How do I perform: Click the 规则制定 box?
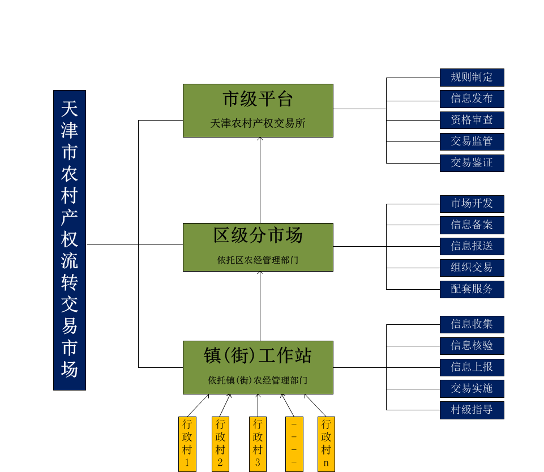472,78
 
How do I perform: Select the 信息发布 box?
472,98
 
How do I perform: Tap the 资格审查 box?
472,120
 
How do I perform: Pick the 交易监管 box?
472,141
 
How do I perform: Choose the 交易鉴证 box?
472,163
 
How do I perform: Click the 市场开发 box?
472,204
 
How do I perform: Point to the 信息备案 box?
472,225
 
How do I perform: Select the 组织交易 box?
472,268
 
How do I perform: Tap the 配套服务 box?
472,289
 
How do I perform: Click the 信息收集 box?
472,324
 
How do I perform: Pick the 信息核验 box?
472,346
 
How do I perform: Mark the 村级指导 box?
472,410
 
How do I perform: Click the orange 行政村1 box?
187,444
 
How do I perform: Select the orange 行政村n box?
326,444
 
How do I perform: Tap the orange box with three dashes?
294,444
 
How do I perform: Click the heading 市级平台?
258,100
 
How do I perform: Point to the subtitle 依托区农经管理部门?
258,260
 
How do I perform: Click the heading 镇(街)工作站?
258,356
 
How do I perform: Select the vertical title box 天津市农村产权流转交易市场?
70,240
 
